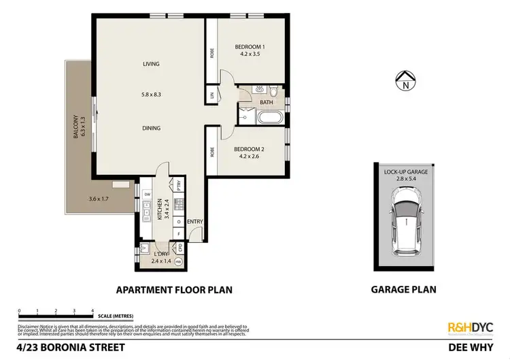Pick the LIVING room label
coord(151,64)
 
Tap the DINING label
coord(151,127)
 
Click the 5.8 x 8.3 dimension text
coord(151,95)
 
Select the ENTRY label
coord(195,221)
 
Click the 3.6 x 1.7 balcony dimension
coord(99,199)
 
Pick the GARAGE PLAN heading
coord(403,289)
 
